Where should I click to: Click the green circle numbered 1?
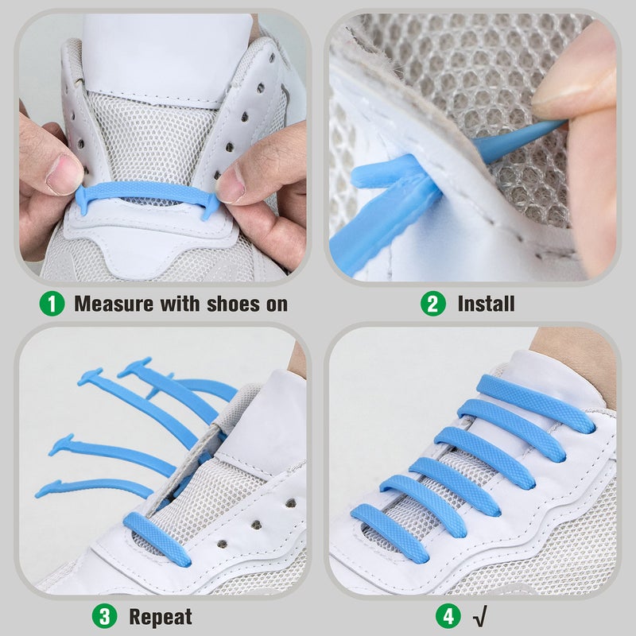[x=53, y=304]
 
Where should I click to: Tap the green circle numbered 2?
[x=433, y=304]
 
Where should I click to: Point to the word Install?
[x=486, y=304]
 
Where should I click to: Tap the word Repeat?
[x=161, y=616]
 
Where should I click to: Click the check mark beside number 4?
[x=481, y=616]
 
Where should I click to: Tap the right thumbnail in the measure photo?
[x=230, y=184]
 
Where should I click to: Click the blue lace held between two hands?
[x=147, y=192]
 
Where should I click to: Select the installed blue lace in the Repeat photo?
[x=157, y=538]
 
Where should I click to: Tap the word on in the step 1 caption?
[x=273, y=304]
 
